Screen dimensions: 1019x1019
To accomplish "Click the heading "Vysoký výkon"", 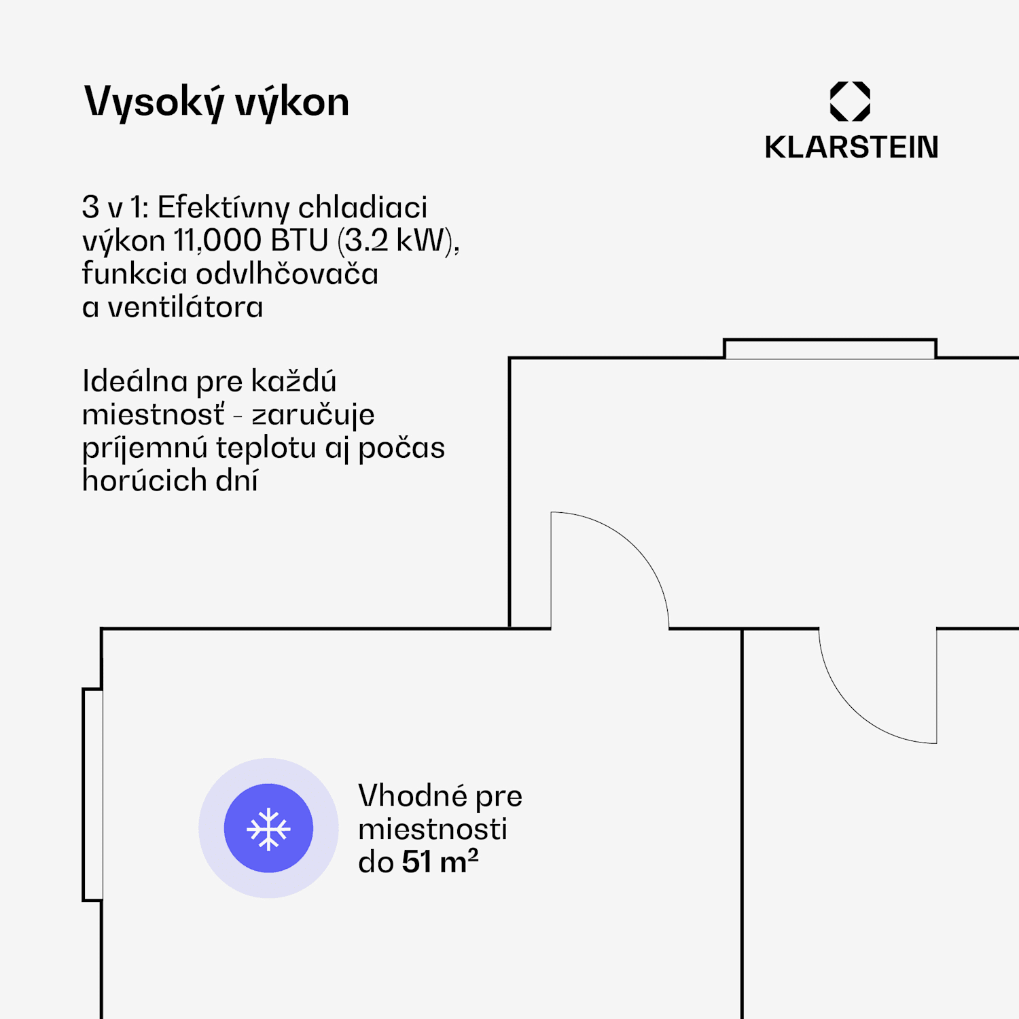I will pos(216,103).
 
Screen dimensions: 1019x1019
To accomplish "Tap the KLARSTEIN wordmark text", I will pos(851,147).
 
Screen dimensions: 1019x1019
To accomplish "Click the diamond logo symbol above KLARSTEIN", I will pos(850,101).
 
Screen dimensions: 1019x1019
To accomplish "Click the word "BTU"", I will pos(299,240).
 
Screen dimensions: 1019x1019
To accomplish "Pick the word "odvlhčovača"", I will pos(287,274).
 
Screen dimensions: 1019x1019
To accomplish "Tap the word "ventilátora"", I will pos(185,307).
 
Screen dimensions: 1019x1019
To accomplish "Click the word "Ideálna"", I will pos(135,381).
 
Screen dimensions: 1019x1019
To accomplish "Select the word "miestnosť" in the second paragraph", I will pos(153,414).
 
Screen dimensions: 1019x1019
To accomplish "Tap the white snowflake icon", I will pos(268,829).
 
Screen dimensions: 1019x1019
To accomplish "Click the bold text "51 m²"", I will pos(440,861).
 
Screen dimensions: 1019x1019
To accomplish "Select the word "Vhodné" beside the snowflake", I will pos(412,795).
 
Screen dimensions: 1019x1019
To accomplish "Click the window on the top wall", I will pos(829,349).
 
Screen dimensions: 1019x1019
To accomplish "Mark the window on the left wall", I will pos(93,795).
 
